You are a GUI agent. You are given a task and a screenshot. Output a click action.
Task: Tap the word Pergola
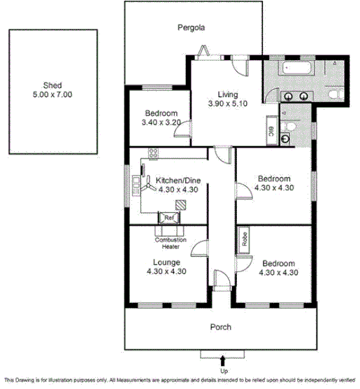click(x=190, y=28)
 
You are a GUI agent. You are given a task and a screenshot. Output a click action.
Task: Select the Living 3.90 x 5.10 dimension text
click(x=227, y=104)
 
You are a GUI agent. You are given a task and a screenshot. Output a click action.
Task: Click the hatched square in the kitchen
click(x=182, y=204)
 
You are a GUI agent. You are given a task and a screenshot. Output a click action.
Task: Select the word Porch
click(x=221, y=327)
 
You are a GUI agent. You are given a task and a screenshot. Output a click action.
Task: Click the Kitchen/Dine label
click(x=175, y=180)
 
